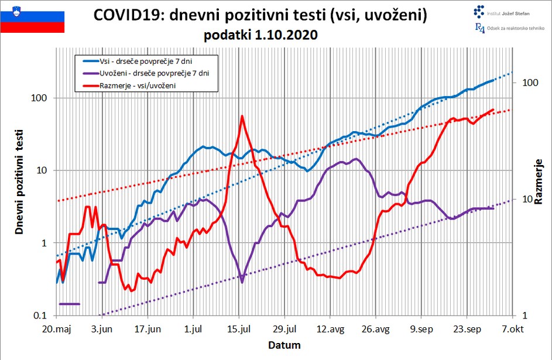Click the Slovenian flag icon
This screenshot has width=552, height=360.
coord(32,18)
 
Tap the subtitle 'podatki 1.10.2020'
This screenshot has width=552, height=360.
coord(260,35)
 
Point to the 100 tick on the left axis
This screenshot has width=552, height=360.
coord(39,98)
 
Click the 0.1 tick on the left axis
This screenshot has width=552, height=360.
coord(39,316)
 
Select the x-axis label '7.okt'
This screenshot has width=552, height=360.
coord(512,329)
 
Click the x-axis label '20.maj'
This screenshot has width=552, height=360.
coord(57,329)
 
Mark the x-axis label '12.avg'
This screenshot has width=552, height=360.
coord(330,329)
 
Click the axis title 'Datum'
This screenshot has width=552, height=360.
coord(284,345)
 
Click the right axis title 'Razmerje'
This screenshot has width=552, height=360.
coord(539,181)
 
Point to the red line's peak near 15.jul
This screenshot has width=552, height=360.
coord(242,116)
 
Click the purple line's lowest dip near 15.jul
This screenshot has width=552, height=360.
coord(242,282)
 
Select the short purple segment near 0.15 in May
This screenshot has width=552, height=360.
coord(69,304)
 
